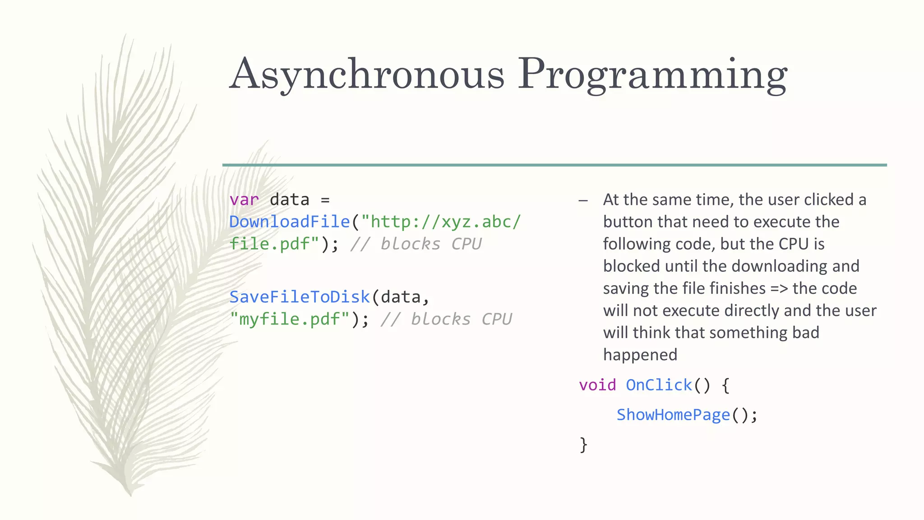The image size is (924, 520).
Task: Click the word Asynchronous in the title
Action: (x=366, y=74)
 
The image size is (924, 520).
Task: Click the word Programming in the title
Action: (x=652, y=74)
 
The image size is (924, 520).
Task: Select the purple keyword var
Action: (x=244, y=200)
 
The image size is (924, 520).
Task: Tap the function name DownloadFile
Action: (x=290, y=222)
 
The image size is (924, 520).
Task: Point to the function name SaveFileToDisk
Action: (x=300, y=297)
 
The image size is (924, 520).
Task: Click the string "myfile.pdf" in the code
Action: (x=290, y=319)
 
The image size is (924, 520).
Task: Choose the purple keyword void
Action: (x=597, y=385)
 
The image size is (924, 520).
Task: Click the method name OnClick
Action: (x=659, y=385)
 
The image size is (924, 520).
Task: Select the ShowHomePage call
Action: (x=673, y=415)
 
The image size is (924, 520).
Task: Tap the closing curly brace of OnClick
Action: (x=583, y=445)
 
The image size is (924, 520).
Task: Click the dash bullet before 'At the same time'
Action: (x=583, y=200)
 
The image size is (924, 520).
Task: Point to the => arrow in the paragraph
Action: (x=779, y=288)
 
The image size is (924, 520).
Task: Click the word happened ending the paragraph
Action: (x=640, y=355)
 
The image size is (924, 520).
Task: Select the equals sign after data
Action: (x=325, y=200)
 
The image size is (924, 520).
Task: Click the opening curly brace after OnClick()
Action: (x=725, y=385)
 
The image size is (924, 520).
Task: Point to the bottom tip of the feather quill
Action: (x=130, y=495)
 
